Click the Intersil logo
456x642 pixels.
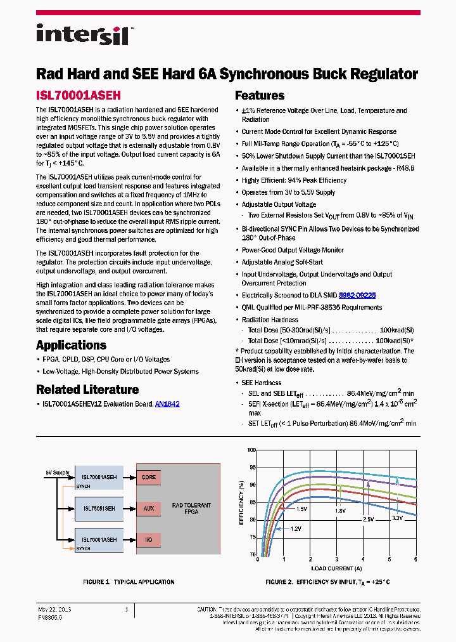[83, 34]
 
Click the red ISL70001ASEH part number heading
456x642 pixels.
[78, 95]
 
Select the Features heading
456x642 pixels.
[260, 96]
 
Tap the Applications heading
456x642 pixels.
[71, 345]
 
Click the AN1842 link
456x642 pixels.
[167, 403]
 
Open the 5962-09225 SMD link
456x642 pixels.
[357, 295]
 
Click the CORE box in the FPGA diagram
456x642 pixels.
[148, 477]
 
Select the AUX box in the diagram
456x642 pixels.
[148, 508]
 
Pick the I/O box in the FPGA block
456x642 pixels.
[148, 540]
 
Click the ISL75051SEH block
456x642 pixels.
[99, 508]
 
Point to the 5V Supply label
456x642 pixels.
[57, 473]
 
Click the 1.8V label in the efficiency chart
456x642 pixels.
[340, 510]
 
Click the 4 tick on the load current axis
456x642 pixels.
[363, 560]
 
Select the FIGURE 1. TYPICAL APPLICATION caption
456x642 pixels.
[129, 582]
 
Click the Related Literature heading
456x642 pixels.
[87, 390]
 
